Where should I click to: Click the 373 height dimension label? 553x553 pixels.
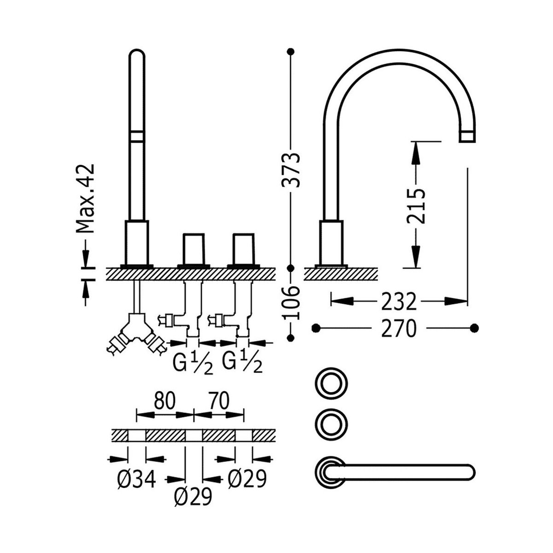(291, 170)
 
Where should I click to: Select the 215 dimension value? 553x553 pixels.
(416, 206)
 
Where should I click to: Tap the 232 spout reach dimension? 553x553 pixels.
(399, 302)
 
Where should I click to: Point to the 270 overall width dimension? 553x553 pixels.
(399, 328)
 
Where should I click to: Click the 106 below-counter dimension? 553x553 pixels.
(291, 303)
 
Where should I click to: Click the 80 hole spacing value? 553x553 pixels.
(165, 401)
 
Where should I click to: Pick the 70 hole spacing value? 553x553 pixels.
(218, 401)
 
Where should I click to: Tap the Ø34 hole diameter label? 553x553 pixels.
(136, 480)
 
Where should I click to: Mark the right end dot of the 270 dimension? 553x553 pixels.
(475, 328)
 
